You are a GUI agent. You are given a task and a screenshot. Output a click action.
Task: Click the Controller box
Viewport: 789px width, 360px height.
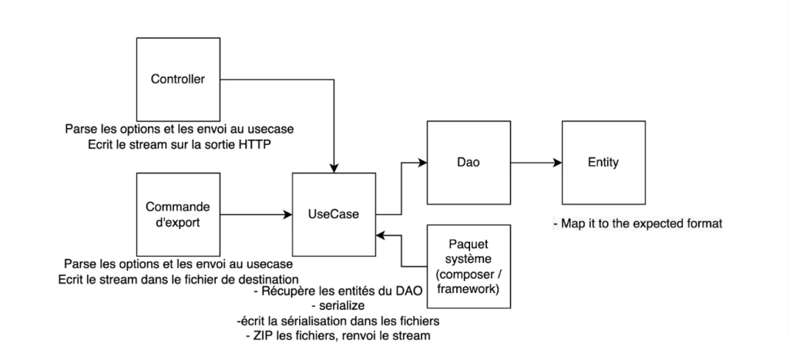click(177, 78)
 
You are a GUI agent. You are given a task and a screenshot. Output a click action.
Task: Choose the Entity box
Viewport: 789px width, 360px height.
click(602, 163)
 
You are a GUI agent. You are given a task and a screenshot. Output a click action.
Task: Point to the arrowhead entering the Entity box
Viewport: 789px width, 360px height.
click(556, 163)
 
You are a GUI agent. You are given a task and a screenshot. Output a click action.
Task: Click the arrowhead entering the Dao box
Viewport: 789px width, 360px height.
click(422, 163)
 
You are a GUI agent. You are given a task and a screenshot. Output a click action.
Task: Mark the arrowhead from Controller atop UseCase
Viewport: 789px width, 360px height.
click(333, 167)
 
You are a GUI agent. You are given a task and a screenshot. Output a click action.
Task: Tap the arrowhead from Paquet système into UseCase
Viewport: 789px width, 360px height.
click(380, 237)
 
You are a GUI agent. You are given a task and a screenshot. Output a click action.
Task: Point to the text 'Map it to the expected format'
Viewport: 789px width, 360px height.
click(637, 224)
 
